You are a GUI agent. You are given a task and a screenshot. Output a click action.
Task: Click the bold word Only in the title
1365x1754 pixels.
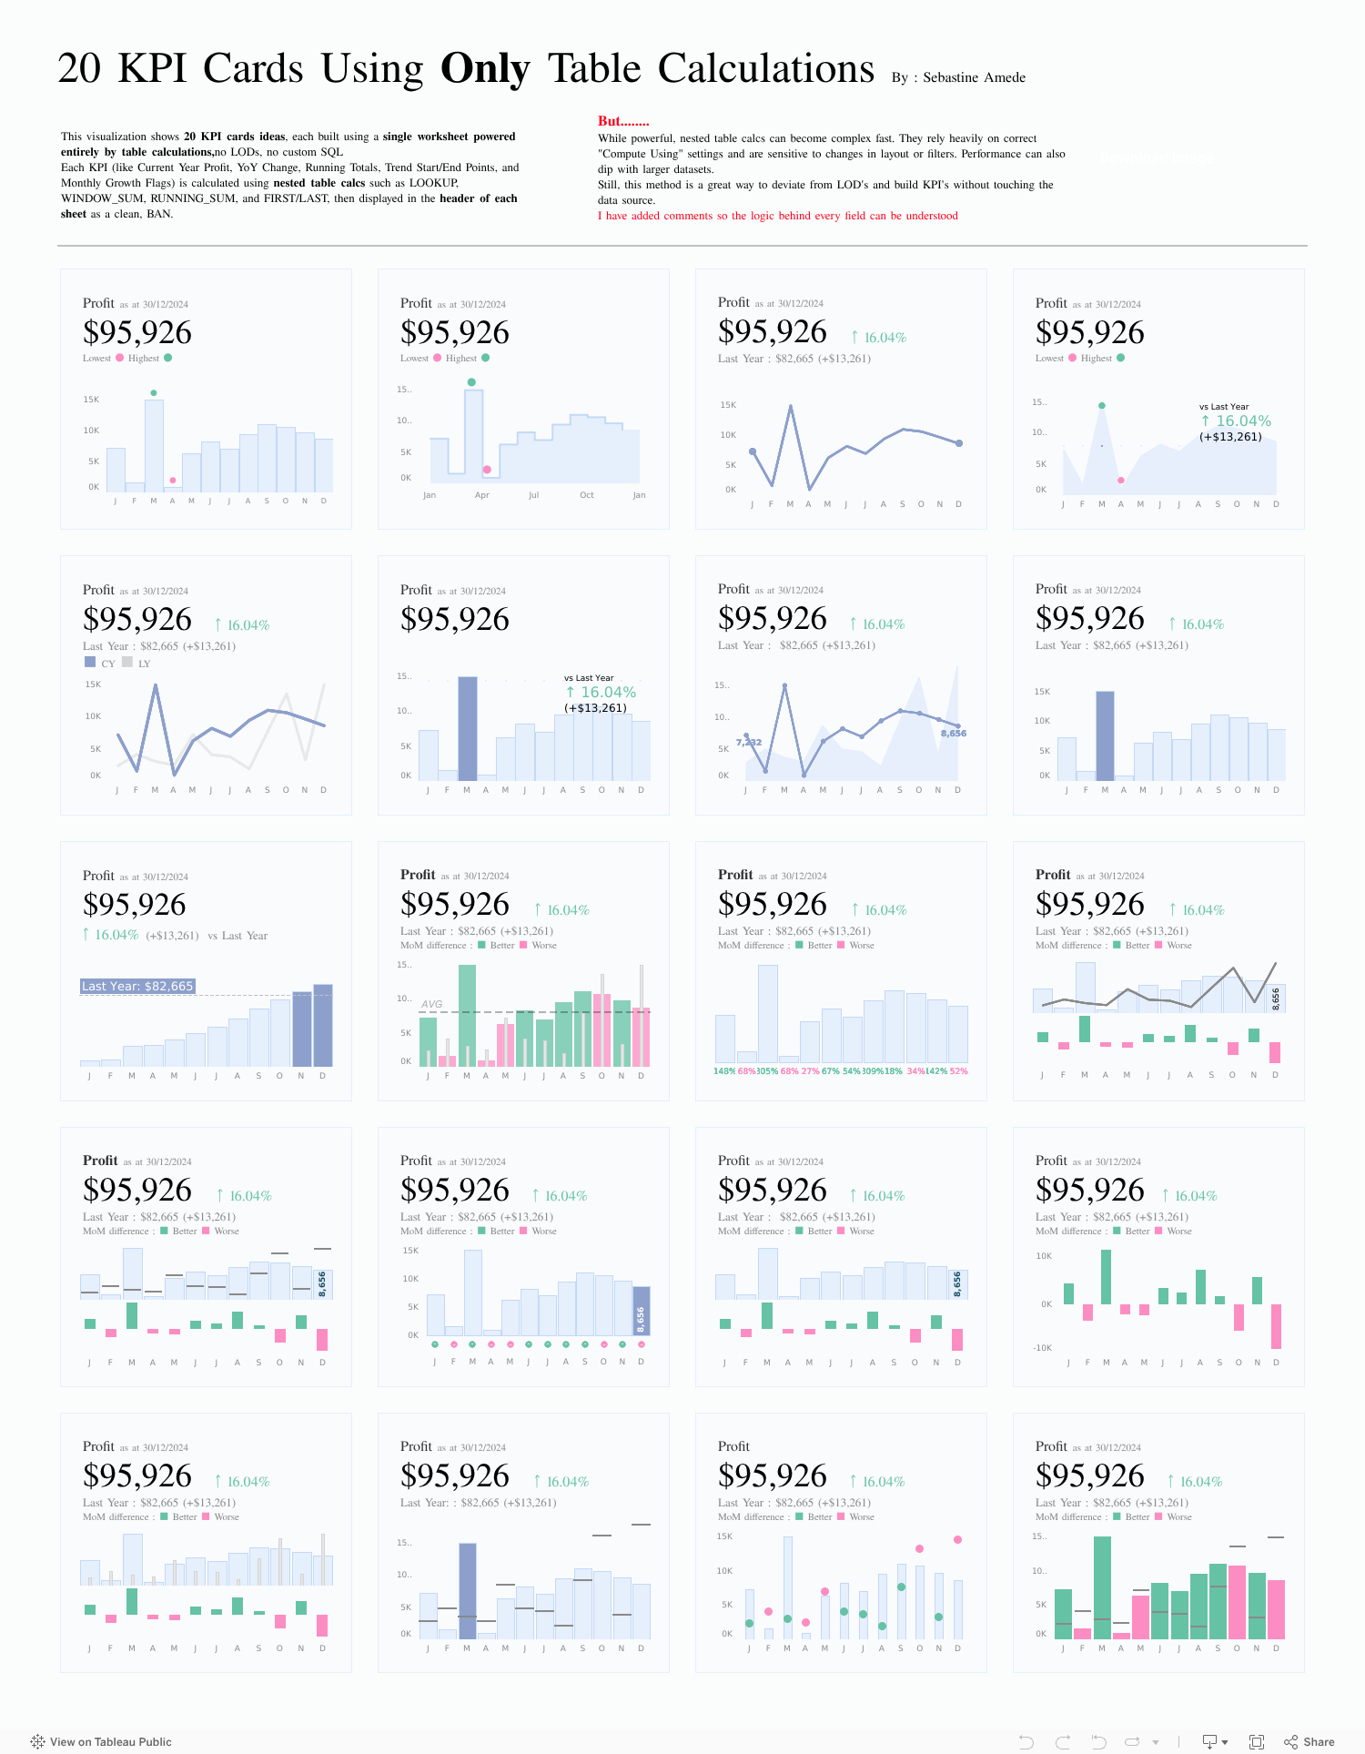(x=484, y=69)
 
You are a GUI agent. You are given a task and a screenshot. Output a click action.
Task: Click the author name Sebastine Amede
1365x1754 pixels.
(x=974, y=77)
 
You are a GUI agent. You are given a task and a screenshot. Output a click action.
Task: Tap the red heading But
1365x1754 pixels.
(x=622, y=121)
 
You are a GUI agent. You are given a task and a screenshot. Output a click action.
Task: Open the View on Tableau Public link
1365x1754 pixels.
(x=110, y=1741)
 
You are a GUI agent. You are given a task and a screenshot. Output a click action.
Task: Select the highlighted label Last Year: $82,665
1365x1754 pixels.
(x=137, y=986)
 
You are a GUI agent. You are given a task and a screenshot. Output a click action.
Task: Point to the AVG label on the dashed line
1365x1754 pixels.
(x=431, y=1004)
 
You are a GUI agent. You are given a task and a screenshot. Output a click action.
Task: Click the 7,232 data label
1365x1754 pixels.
(x=749, y=743)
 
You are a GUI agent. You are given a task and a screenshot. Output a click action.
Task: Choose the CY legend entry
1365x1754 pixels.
(x=107, y=664)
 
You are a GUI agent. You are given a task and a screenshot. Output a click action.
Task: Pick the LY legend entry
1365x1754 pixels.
(x=144, y=664)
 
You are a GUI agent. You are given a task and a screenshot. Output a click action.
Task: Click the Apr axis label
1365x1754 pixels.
(x=482, y=495)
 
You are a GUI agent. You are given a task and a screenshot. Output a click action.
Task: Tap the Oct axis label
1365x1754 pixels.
(x=587, y=495)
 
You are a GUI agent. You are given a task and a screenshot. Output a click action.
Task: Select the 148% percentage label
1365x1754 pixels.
(x=724, y=1071)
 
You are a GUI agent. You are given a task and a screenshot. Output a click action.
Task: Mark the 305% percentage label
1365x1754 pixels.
(x=767, y=1071)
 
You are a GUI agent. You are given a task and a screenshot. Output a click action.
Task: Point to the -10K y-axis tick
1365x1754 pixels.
(x=1042, y=1348)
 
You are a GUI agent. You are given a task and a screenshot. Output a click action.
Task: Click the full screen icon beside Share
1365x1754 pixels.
(x=1257, y=1741)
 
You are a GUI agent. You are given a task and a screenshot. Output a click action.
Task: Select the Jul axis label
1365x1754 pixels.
(x=534, y=495)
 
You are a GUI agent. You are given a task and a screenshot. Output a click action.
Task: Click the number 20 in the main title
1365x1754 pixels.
(x=79, y=69)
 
